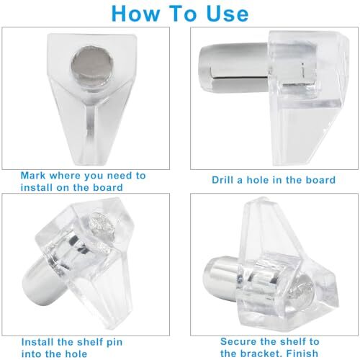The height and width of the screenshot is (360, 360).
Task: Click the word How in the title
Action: point(135,14)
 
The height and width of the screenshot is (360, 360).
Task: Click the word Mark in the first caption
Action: point(36,175)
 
